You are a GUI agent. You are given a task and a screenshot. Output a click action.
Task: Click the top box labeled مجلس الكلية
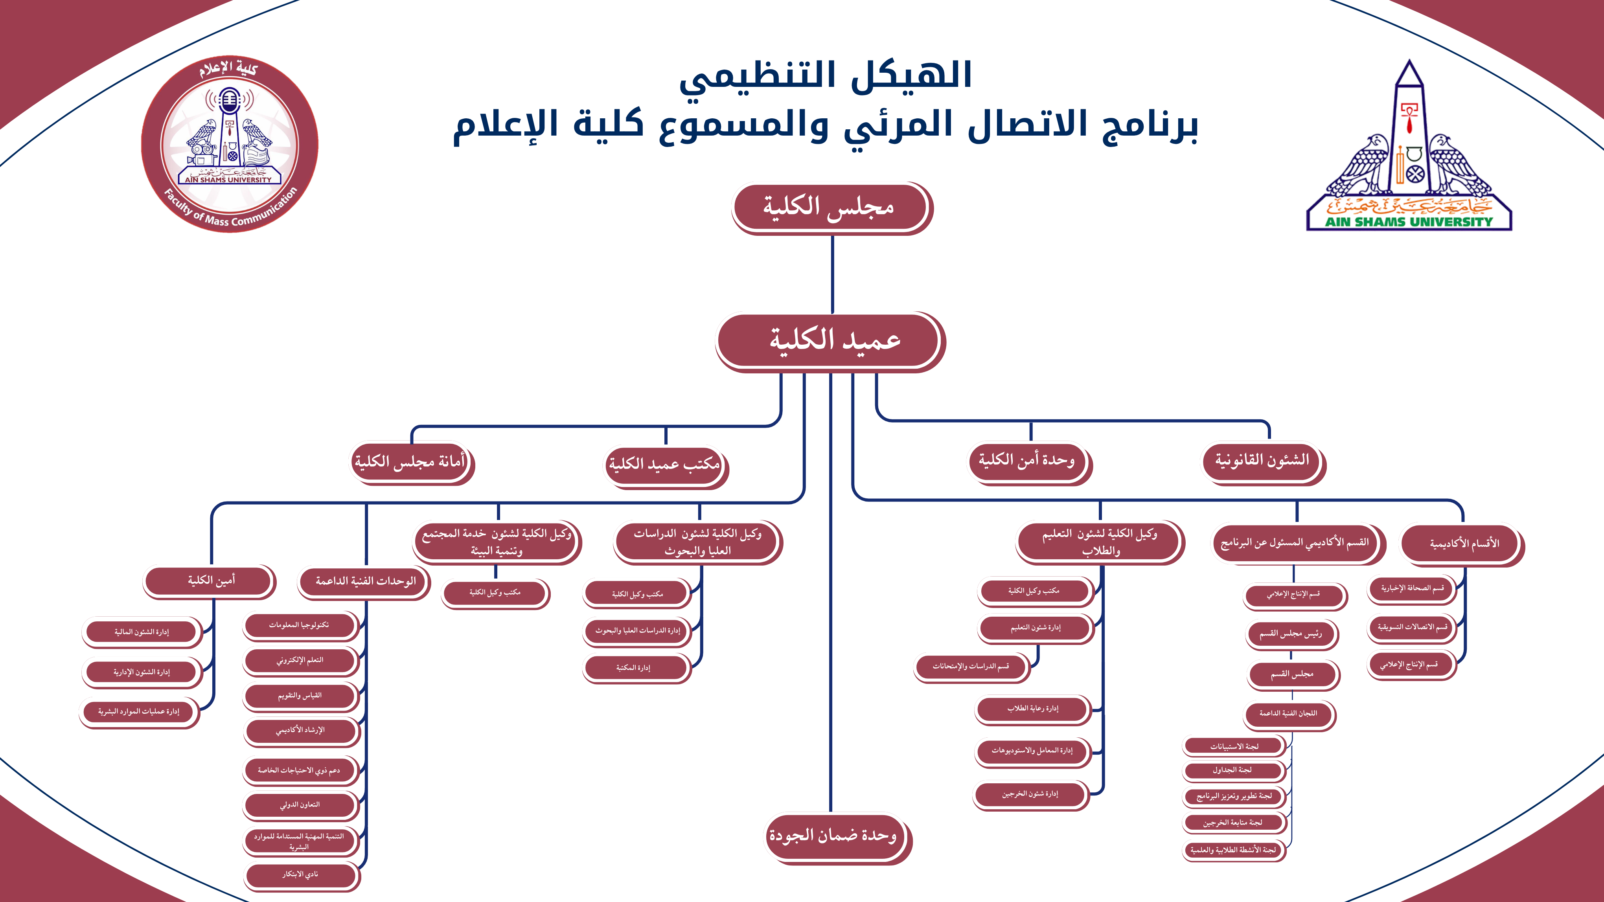coord(830,207)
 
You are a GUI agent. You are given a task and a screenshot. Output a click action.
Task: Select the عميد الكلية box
coord(830,340)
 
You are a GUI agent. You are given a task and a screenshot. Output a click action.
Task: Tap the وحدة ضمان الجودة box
coord(834,836)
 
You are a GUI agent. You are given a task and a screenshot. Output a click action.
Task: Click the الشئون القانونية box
coord(1262,461)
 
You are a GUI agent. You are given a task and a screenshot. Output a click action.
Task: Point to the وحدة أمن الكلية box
coord(1027,461)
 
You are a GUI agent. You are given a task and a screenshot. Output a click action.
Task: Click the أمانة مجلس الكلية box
coord(410,462)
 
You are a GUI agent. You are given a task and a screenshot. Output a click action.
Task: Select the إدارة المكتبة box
coord(635,668)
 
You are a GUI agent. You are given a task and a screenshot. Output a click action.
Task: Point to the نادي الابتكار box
coord(300,874)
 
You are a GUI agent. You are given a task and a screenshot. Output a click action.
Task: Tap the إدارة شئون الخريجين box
coord(1030,794)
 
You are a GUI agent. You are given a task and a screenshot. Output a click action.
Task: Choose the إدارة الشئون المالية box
coord(142,632)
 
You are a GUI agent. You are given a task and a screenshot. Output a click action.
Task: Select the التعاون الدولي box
coord(300,805)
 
